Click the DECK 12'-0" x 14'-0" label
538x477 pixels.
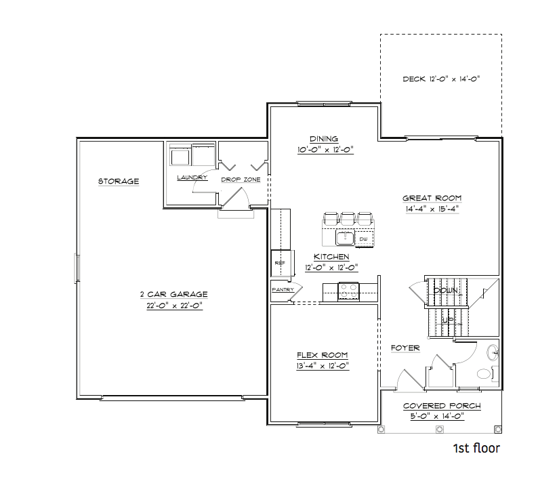(441, 79)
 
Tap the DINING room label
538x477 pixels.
(324, 139)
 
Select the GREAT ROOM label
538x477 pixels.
(432, 199)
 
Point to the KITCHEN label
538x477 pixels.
(331, 257)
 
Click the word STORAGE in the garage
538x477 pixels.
(119, 182)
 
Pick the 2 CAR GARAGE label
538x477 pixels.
(173, 295)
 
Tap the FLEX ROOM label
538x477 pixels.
(323, 355)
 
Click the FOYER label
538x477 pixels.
(405, 348)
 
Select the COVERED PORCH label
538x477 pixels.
(442, 406)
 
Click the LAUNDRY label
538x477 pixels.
(192, 178)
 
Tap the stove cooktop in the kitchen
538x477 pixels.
(348, 290)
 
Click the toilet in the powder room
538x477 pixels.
(484, 373)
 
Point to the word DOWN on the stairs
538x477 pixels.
(446, 290)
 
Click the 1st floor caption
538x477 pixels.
(476, 449)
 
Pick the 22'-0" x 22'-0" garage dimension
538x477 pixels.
(173, 306)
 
